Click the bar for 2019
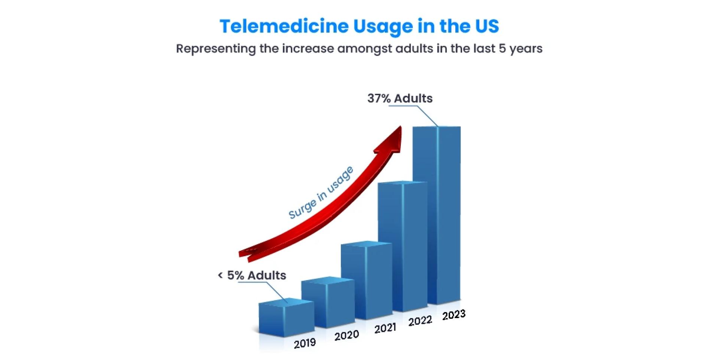286,318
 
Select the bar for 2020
328,303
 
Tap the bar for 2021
366,281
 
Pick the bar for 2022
403,247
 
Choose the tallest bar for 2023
437,215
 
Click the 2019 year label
304,343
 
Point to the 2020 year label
346,335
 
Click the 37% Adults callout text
400,99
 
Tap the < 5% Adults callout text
252,275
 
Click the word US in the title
487,26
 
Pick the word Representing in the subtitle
216,49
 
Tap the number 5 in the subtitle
502,49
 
